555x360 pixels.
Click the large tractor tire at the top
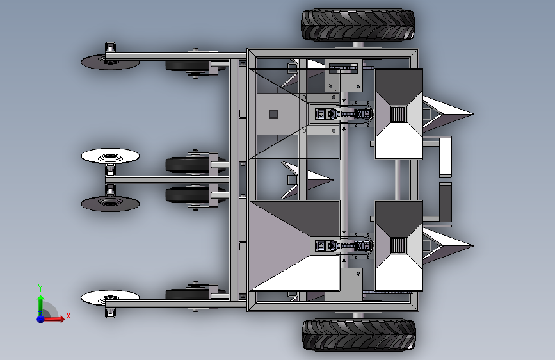pos(358,25)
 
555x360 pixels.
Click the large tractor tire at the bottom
pos(358,335)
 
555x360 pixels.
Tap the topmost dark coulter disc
pos(110,62)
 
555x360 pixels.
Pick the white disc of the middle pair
pos(110,156)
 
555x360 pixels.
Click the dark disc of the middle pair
pos(110,204)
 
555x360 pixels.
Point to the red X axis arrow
pos(53,319)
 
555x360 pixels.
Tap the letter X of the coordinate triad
pos(68,316)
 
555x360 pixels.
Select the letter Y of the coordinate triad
pos(40,288)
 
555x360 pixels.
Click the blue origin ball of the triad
pos(41,319)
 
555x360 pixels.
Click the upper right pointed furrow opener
pos(447,114)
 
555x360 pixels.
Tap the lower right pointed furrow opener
pos(447,245)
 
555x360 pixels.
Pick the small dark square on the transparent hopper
pos(273,114)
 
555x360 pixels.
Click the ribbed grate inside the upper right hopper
pos(398,114)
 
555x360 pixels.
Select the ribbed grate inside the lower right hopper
pos(398,245)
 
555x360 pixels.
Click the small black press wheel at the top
pos(188,66)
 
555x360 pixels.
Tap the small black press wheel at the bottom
pos(188,294)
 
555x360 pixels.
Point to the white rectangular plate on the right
pos(446,157)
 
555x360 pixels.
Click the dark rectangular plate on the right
pos(446,202)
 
